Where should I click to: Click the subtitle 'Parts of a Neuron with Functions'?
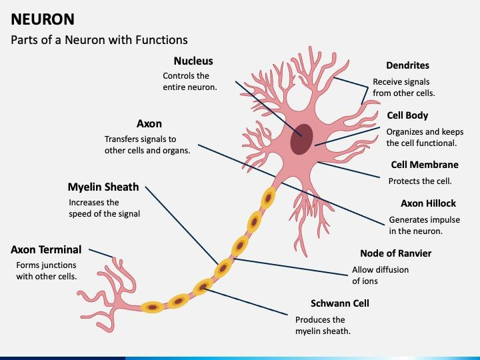[x=99, y=40]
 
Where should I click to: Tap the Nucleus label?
[x=193, y=61]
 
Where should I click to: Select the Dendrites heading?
[x=407, y=65]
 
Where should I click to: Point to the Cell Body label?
[x=407, y=115]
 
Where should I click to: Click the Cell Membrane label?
[x=424, y=165]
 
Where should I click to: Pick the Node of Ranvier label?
[x=395, y=253]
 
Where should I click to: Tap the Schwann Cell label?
[x=340, y=303]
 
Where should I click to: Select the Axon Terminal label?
[x=46, y=249]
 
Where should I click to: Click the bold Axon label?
[x=149, y=123]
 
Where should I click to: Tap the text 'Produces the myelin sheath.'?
[x=323, y=325]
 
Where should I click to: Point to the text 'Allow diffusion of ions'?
[x=380, y=275]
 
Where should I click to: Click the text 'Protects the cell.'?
[x=420, y=181]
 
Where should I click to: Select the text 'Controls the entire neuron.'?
[x=189, y=81]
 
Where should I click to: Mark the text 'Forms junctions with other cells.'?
[x=46, y=270]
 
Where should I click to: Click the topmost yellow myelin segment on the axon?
[x=269, y=197]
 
